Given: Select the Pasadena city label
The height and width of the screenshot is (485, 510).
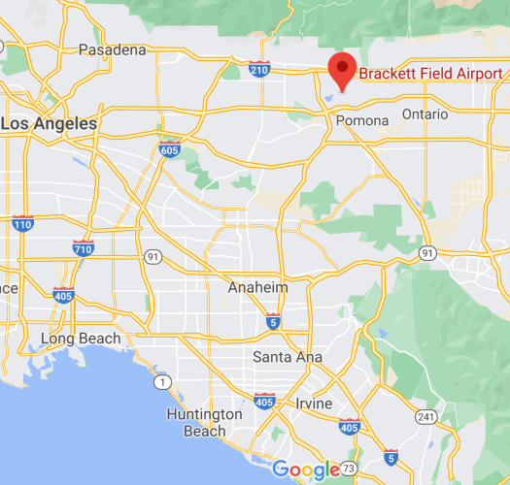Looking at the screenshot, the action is pos(112,49).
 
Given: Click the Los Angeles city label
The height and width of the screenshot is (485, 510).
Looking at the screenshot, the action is pos(49,123).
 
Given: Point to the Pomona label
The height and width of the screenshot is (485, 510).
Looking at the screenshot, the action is pos(361,120).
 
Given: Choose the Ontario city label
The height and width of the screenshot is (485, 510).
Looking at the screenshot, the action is pos(425,113).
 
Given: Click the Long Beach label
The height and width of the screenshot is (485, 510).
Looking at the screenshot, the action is pos(81,339).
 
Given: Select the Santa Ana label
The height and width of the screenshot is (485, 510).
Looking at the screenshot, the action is pos(287,357).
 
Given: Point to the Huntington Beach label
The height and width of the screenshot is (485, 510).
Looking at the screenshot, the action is pos(204,423).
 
